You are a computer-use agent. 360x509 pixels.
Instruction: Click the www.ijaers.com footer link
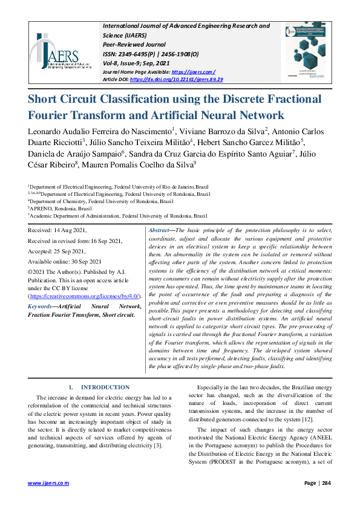(x=49, y=483)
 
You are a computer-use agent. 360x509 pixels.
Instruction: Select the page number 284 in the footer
(x=326, y=483)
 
